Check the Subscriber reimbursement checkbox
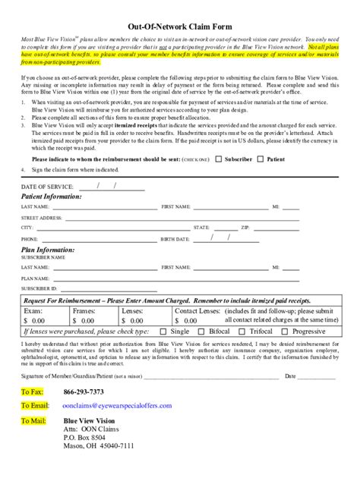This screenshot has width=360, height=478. pos(219,159)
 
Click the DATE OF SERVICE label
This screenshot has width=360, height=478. pos(47,186)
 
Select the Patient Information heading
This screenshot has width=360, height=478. pos(52,196)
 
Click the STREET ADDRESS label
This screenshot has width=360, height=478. pos(42,217)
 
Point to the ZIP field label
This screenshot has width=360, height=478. pos(245,228)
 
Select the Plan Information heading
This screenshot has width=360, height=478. pos(48,249)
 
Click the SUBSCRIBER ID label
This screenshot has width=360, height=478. pos(40,288)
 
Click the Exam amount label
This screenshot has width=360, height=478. pos(33,311)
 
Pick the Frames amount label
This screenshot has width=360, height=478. pos(84,311)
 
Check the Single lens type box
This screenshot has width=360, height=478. pos(164,332)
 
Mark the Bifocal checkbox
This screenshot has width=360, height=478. pos(201,332)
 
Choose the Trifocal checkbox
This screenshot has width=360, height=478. pos(243,332)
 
